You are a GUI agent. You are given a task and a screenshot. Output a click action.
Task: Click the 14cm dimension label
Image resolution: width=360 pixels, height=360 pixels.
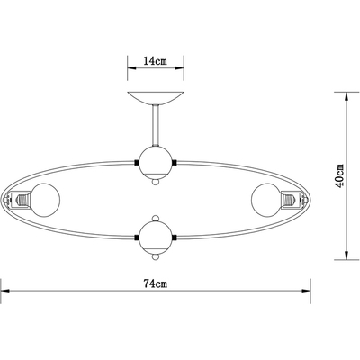tap(155, 61)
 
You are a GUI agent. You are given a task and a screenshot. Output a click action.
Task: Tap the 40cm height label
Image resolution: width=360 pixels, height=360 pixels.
tap(339, 175)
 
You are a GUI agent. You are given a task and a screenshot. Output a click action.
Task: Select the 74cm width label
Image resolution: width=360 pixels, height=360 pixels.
tap(155, 283)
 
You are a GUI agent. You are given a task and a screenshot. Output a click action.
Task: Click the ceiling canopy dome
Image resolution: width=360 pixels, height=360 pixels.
tap(156, 98)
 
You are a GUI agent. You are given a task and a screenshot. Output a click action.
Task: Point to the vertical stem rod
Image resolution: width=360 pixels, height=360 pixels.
tap(156, 125)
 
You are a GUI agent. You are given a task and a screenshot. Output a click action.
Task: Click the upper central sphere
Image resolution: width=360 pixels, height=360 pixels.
tap(156, 163)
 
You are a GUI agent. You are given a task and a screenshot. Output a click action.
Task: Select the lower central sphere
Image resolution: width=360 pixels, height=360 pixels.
tap(156, 238)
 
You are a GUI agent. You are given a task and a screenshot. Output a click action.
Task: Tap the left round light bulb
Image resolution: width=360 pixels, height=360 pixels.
tap(46, 200)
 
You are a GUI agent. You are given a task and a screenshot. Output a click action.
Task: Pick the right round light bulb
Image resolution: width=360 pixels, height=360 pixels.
tap(265, 200)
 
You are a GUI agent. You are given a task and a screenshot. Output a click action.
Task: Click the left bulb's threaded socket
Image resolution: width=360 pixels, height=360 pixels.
tap(21, 200)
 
